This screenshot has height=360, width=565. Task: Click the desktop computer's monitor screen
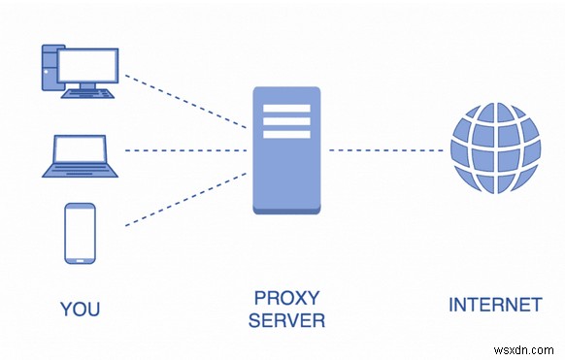click(89, 65)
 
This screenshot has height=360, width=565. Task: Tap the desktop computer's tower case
click(50, 66)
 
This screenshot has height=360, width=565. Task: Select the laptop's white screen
click(79, 149)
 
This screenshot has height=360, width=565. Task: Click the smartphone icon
click(80, 233)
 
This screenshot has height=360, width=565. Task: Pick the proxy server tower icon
click(286, 150)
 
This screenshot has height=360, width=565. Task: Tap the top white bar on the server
click(286, 108)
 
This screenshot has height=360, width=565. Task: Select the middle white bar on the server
click(286, 121)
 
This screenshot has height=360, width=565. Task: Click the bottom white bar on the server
click(286, 135)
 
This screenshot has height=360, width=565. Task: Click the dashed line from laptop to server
click(184, 150)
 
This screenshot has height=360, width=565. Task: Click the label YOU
click(80, 310)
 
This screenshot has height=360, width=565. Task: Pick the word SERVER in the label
click(286, 320)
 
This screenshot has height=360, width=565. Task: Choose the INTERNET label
click(494, 305)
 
